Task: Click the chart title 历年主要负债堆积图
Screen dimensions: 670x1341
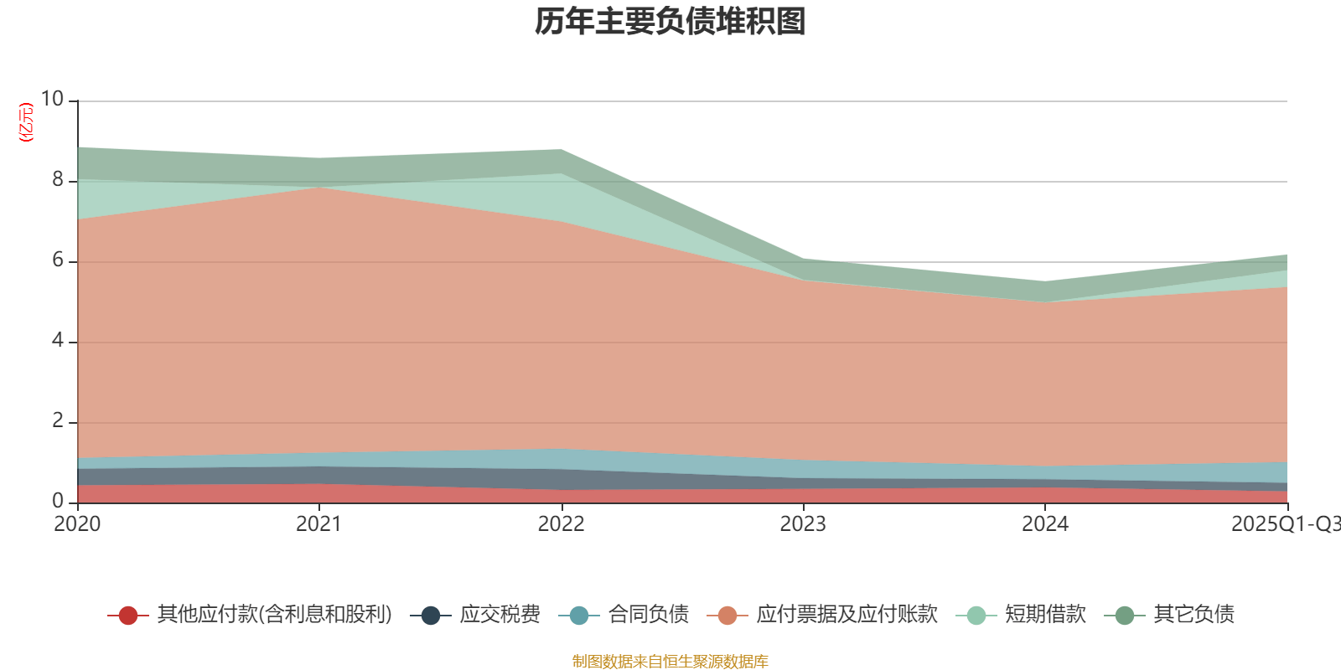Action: click(670, 23)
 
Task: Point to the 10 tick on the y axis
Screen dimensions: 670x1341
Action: click(52, 99)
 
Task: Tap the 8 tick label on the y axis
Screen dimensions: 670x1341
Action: click(57, 179)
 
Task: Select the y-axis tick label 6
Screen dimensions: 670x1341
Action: click(57, 260)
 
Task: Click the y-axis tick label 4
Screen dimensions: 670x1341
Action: click(57, 340)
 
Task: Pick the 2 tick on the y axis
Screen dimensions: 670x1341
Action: click(57, 420)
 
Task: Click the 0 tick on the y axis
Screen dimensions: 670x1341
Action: click(57, 501)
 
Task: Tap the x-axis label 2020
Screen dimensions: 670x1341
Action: click(77, 524)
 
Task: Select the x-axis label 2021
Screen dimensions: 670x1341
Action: click(319, 524)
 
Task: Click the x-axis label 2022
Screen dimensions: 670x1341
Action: click(561, 524)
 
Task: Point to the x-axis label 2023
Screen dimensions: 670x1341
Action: click(803, 524)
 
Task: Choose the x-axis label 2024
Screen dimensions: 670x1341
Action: click(1045, 524)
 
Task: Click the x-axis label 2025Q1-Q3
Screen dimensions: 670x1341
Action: click(1285, 524)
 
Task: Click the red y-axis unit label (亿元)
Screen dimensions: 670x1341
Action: click(26, 122)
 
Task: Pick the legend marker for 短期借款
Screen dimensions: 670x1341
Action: click(976, 616)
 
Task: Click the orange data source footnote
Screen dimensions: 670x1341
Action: click(670, 662)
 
